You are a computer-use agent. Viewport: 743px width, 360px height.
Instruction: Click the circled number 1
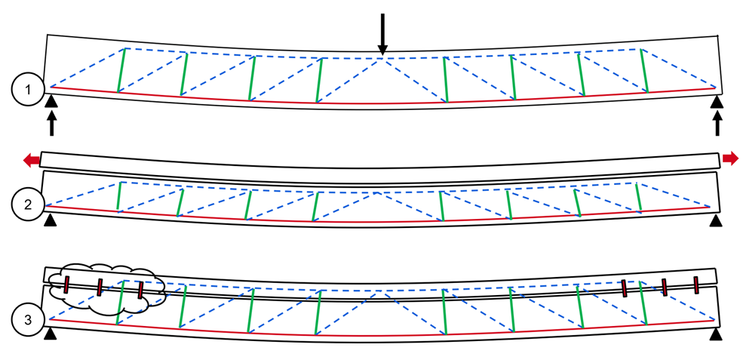tap(28, 90)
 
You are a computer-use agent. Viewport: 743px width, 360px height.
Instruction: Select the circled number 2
tap(28, 205)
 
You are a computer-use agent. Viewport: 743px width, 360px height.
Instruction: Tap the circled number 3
tap(28, 320)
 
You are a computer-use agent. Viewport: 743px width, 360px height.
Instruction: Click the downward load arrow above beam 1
tap(382, 34)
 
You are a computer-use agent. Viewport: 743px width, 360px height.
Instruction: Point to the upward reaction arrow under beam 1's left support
tap(51, 123)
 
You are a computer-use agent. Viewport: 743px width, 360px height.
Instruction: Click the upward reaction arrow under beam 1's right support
tap(717, 123)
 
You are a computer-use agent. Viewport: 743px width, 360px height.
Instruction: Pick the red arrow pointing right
tap(730, 158)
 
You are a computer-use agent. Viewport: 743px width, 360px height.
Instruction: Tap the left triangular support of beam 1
tap(51, 101)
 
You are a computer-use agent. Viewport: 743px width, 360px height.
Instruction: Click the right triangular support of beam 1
tap(717, 101)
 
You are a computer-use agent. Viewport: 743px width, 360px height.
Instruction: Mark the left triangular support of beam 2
tap(49, 220)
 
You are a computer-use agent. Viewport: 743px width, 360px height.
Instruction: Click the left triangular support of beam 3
tap(49, 334)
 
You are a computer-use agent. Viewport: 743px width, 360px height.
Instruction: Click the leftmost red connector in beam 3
tap(66, 285)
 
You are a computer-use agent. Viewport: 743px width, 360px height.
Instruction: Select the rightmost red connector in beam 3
tap(696, 285)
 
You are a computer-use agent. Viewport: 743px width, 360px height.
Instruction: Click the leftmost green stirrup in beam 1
tap(121, 70)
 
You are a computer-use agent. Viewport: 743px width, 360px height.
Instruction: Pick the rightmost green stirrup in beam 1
tap(644, 70)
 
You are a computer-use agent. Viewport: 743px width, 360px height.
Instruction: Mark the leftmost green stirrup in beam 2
tap(119, 196)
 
